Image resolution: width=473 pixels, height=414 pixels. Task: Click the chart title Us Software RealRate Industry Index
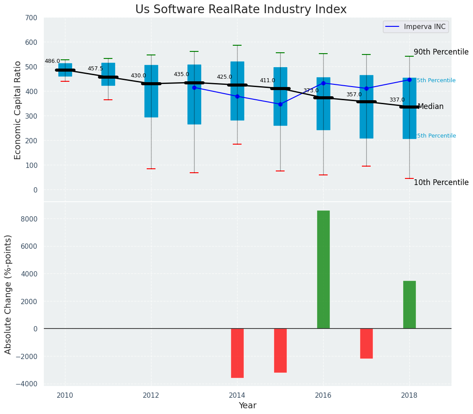[241, 10]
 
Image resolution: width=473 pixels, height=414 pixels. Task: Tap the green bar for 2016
[323, 269]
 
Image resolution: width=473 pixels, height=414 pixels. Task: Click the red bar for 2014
[237, 353]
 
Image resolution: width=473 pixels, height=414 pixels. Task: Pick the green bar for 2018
[409, 305]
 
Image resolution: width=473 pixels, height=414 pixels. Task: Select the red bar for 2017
[366, 343]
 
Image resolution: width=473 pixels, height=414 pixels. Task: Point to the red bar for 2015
[280, 350]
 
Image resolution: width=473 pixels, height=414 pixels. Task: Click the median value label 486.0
[52, 62]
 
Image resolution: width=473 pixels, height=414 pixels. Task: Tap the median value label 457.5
[95, 69]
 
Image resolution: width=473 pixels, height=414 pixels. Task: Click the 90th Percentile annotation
[441, 52]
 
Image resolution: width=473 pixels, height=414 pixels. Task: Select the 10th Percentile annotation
[441, 182]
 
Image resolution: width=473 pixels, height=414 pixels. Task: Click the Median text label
[430, 106]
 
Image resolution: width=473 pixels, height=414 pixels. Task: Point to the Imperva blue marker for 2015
[280, 104]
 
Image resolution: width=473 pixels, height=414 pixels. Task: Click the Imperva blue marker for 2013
[194, 87]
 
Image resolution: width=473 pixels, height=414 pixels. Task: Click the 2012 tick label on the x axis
[151, 395]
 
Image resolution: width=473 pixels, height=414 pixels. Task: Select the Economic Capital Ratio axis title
[18, 110]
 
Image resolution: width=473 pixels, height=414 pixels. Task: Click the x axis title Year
[247, 406]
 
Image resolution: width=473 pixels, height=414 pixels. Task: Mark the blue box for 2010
[65, 70]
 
